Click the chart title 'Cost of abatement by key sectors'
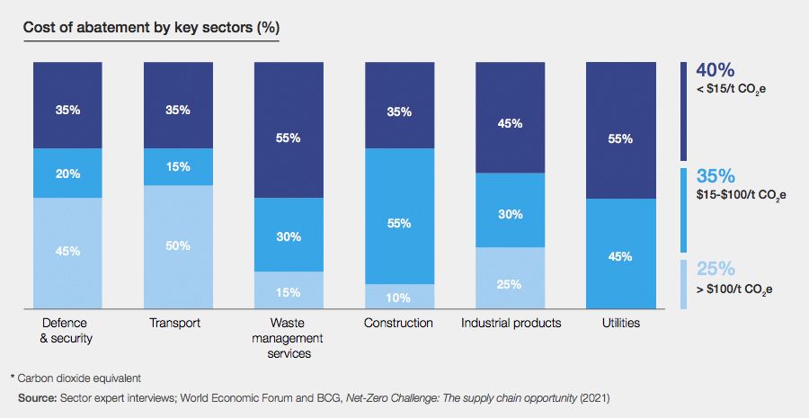(150, 27)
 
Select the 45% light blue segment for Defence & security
(68, 252)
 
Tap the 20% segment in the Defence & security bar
(68, 173)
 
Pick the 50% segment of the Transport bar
(179, 245)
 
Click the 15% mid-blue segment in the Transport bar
(179, 167)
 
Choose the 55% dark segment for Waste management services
(289, 139)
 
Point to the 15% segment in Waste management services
(289, 291)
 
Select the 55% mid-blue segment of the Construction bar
(399, 223)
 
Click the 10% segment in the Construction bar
(399, 298)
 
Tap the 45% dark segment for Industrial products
(510, 123)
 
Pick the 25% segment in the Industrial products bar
(510, 284)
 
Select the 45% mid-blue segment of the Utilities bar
(620, 255)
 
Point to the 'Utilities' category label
(620, 323)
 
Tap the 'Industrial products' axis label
(511, 323)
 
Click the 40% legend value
(716, 70)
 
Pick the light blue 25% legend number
(716, 269)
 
